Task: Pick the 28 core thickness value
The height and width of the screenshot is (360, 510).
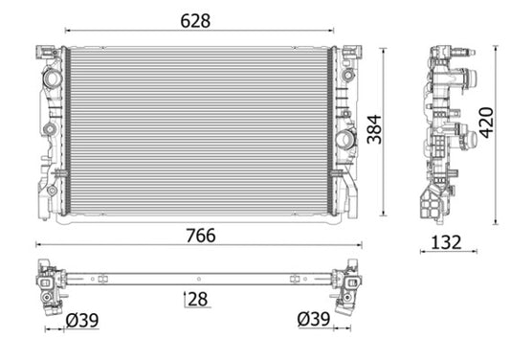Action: [x=199, y=301]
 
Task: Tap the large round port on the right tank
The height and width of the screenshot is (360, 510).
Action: [x=345, y=139]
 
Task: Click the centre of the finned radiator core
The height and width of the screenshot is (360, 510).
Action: [x=198, y=130]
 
